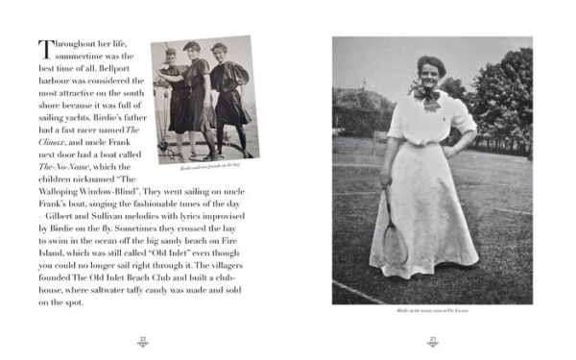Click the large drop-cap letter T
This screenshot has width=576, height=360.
click(44, 49)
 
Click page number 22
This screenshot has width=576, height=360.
click(142, 337)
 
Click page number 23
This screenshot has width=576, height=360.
click(432, 337)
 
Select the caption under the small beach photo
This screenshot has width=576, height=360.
click(204, 165)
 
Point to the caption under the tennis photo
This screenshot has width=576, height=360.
click(432, 311)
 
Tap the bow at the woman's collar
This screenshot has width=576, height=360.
click(426, 95)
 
